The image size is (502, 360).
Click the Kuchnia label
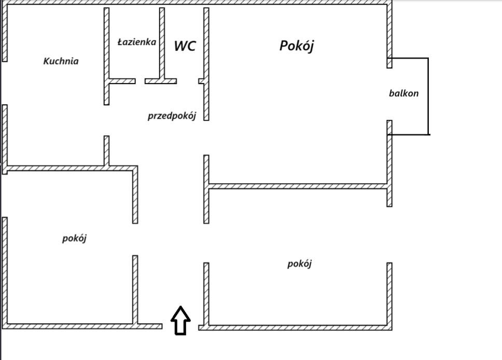pos(61,61)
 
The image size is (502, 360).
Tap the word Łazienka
pos(137,42)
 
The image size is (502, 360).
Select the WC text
pos(185,46)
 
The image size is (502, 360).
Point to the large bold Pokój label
pos(297,46)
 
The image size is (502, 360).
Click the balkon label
pos(403,93)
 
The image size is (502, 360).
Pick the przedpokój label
pos(172,116)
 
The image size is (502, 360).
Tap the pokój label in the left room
pos(74,238)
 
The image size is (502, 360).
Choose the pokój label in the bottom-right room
pos(299,264)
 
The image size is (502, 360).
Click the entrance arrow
pos(180,321)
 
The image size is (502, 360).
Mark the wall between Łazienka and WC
pos(162,45)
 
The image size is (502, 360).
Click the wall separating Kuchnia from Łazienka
pos(107,57)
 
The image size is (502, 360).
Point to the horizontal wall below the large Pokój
pos(298,186)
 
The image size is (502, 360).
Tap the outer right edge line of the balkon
pos(428,96)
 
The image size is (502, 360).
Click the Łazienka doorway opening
pos(140,81)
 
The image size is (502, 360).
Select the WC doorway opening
pos(188,81)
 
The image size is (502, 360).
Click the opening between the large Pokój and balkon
pos(389,94)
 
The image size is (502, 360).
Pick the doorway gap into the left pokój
pos(135,240)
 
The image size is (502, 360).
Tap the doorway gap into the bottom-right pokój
pos(206,243)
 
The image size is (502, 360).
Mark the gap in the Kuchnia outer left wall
pos(5,83)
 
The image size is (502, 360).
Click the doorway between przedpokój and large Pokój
pos(206,138)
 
